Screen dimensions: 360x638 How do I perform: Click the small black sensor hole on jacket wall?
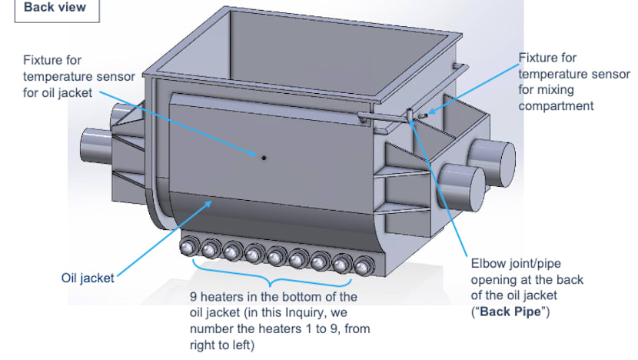click(263, 158)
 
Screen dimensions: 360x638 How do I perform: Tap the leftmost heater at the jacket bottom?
click(188, 248)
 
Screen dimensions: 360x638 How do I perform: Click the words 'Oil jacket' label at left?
click(87, 278)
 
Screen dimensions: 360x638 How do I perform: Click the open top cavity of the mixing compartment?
click(307, 54)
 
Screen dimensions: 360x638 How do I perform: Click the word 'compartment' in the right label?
click(556, 105)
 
